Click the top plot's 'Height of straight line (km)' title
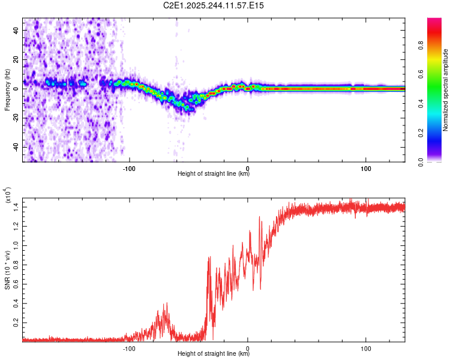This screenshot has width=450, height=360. pyautogui.click(x=214, y=173)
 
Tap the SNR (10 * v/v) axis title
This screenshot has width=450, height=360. pyautogui.click(x=7, y=269)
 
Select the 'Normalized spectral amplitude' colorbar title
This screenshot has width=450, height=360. pyautogui.click(x=446, y=90)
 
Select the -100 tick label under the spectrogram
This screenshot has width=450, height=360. pyautogui.click(x=129, y=167)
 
